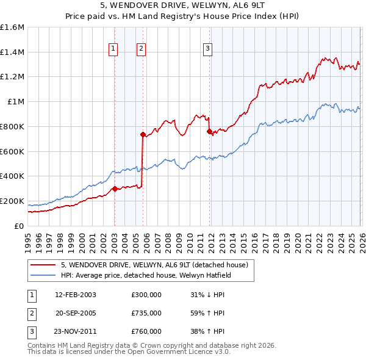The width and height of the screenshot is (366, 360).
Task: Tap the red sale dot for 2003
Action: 115,189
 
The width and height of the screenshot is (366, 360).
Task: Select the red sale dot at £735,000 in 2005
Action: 143,134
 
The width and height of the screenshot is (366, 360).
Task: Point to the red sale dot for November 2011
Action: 209,131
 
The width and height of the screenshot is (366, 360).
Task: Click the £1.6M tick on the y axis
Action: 12,27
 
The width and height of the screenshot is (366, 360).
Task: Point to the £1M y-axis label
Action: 15,102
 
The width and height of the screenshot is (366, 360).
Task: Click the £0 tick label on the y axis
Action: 20,226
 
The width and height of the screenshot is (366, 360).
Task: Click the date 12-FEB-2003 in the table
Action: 75,295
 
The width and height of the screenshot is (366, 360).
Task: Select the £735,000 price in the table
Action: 146,313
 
